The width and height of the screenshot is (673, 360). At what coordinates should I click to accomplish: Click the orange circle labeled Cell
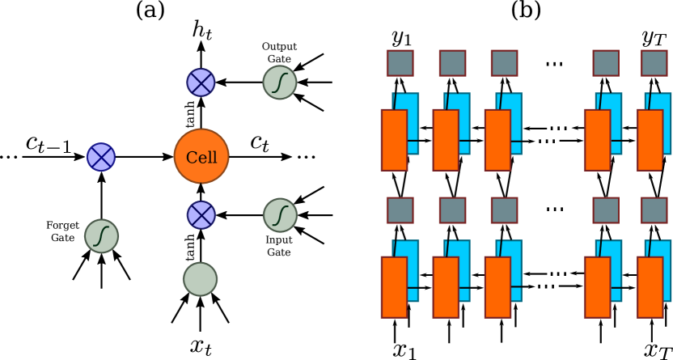point(201,156)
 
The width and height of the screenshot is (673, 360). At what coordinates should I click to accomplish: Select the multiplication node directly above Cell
point(201,82)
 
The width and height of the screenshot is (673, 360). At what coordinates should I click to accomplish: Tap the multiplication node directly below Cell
point(201,215)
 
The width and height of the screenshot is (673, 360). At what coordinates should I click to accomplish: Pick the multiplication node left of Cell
point(101,157)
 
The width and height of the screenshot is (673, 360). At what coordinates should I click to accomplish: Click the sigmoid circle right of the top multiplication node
point(280,83)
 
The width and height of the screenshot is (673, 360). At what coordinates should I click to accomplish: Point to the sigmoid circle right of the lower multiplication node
point(280,215)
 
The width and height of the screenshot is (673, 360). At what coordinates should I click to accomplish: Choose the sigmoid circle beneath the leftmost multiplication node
point(102,236)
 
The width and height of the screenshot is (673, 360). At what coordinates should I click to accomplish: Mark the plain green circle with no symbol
point(200,279)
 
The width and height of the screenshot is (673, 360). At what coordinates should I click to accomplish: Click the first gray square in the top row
point(400,63)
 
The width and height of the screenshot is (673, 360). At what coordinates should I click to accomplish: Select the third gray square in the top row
point(504,63)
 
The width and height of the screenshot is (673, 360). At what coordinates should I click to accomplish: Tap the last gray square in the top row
point(654,63)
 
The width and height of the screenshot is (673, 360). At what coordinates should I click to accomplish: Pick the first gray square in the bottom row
point(400,210)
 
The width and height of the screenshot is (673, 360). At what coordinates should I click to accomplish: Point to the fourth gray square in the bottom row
point(606,210)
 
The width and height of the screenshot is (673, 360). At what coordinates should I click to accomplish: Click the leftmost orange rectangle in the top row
point(394,140)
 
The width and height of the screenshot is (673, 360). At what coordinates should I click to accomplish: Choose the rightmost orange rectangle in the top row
point(650,140)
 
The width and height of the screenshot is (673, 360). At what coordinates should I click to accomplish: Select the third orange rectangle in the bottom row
point(497,287)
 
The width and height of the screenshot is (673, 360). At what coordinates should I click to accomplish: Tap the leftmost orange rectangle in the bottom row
point(394,287)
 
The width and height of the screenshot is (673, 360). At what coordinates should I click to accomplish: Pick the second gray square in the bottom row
point(452,210)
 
